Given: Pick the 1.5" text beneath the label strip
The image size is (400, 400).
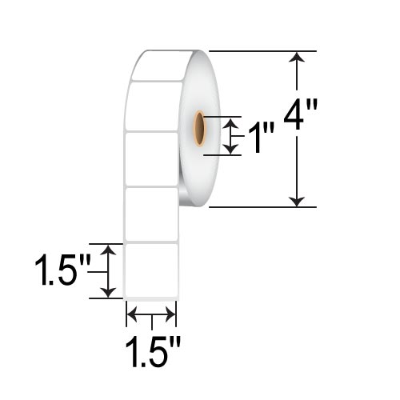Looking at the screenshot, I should [x=152, y=352].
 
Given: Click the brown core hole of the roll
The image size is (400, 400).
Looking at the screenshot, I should [x=201, y=130].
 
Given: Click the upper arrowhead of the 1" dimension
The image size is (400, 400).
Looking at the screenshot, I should [x=231, y=122].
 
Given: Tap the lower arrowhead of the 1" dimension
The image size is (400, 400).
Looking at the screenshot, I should [x=231, y=149].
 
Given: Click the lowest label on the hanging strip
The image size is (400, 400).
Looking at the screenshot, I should [x=151, y=270].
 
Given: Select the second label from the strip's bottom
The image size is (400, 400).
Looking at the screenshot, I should [x=151, y=214].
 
